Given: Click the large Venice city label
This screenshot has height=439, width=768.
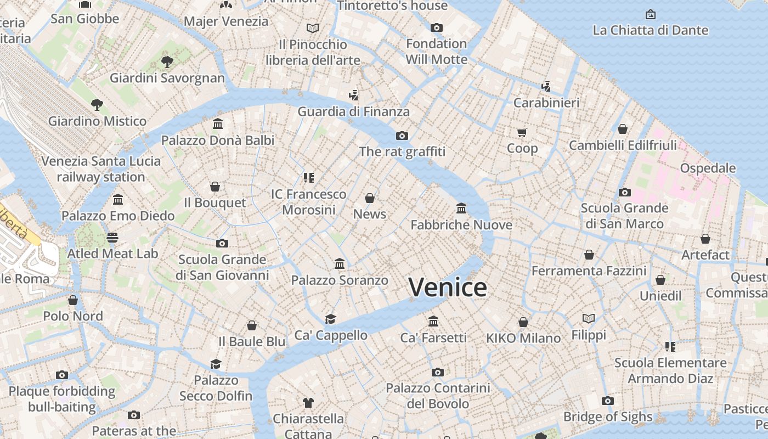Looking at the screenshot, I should [x=448, y=288].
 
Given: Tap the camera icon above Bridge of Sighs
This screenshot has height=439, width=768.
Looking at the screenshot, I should [x=607, y=401].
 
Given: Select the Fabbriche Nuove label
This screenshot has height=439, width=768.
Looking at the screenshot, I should [x=461, y=225].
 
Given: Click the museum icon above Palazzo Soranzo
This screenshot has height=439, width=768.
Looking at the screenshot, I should [x=340, y=264].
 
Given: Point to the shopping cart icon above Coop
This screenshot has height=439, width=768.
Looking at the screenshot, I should [x=522, y=132].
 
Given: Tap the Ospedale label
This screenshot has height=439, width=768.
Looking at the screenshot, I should [x=708, y=168].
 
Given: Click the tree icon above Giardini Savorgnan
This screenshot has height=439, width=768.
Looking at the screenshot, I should [x=167, y=62].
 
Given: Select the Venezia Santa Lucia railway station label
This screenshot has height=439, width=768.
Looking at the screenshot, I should [x=101, y=169].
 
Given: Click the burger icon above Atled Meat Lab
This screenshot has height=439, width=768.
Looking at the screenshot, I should [x=112, y=238].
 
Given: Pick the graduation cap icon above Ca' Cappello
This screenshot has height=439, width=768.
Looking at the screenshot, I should [x=330, y=319].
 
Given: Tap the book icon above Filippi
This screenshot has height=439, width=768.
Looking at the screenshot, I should [x=589, y=318].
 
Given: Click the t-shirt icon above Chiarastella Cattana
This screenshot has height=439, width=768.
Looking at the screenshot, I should [x=308, y=403].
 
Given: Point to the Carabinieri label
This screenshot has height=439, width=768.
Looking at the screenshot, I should [x=546, y=103].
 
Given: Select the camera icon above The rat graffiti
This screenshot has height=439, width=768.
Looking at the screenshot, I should [x=402, y=136].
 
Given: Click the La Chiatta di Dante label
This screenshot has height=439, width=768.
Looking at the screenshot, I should [x=650, y=30].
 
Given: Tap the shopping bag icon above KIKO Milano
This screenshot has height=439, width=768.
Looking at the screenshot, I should [x=523, y=322].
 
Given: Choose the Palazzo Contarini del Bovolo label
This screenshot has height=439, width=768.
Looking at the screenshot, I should [x=438, y=396].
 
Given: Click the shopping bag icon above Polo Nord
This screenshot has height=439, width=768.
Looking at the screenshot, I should [x=73, y=300].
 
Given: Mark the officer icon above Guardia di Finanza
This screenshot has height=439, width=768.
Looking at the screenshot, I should [x=354, y=95].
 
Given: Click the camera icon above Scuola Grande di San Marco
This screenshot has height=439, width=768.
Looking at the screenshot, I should [x=624, y=192].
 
